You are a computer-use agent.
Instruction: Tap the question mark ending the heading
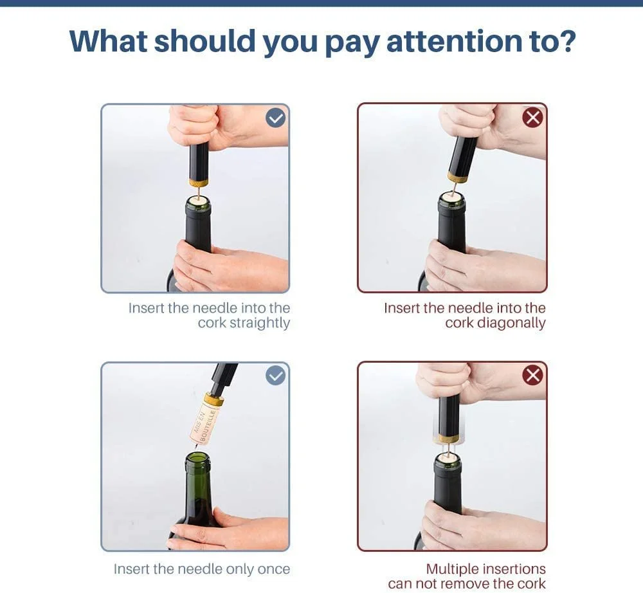click(565, 41)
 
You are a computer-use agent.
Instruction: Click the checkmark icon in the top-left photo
click(276, 118)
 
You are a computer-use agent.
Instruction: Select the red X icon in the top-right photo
click(532, 118)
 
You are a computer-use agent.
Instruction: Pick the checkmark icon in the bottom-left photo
click(276, 375)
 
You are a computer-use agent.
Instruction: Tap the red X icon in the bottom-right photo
click(532, 375)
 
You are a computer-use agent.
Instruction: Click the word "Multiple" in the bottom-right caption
click(452, 569)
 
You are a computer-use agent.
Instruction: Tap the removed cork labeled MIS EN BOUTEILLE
click(204, 423)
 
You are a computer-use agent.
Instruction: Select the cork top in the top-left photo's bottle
click(198, 201)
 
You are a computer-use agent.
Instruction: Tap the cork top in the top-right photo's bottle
click(451, 199)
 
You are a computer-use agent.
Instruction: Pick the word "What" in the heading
click(109, 41)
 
